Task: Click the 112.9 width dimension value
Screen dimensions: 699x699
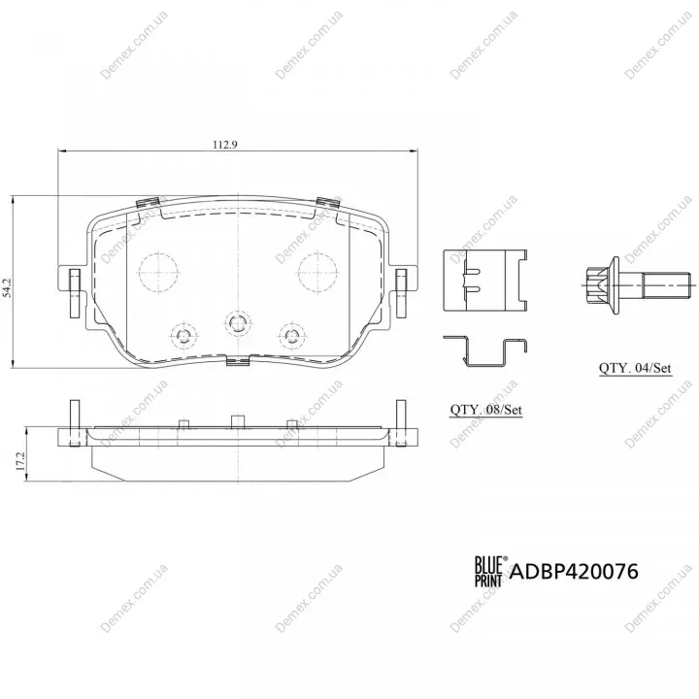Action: coord(225,145)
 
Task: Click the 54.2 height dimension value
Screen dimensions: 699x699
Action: coord(6,288)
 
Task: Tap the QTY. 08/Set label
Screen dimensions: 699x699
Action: coord(486,410)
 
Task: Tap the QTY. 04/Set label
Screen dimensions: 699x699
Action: coord(635,368)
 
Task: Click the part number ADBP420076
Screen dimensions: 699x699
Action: coord(574,571)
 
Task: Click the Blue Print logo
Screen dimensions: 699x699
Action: coord(489,571)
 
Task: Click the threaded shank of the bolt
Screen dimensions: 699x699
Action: coord(667,284)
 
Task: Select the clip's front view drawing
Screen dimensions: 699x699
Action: coord(485,280)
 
